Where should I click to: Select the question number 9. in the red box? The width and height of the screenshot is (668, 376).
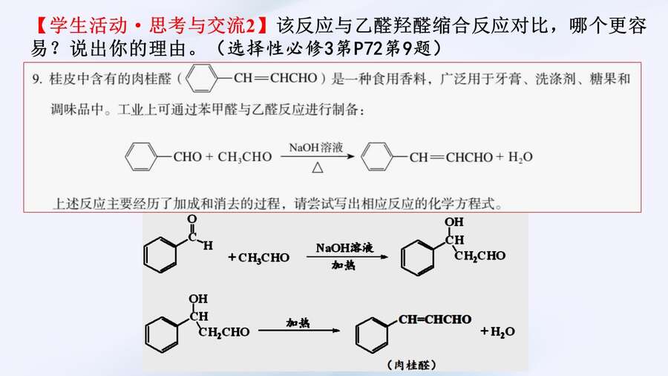(x=38, y=79)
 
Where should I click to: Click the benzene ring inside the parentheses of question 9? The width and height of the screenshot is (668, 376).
(x=201, y=78)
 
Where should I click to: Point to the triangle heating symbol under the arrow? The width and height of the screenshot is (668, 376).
(x=318, y=167)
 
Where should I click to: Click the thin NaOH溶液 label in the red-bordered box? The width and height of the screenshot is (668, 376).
(x=315, y=147)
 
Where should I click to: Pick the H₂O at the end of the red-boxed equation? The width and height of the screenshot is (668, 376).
(x=520, y=158)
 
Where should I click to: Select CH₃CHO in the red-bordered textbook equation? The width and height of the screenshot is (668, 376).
(x=244, y=158)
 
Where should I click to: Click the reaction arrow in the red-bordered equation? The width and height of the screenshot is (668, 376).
(x=318, y=157)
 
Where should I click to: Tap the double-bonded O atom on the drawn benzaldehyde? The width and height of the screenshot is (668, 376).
(x=192, y=219)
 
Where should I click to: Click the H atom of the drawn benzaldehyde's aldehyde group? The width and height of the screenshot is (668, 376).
(x=208, y=245)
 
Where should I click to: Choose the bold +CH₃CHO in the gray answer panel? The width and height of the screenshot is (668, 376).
(x=258, y=258)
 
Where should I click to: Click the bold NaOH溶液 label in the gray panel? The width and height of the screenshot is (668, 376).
(x=344, y=247)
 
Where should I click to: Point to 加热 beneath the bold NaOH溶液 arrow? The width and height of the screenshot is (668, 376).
(x=344, y=265)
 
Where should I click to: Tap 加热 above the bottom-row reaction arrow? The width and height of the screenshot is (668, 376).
(x=298, y=322)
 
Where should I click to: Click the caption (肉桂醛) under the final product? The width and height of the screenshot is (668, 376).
(x=412, y=365)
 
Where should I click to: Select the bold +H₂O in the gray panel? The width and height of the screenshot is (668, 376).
(x=497, y=331)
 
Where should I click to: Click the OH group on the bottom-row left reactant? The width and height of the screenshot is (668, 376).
(x=198, y=299)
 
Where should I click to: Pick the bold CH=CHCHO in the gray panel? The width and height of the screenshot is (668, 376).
(x=435, y=320)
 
